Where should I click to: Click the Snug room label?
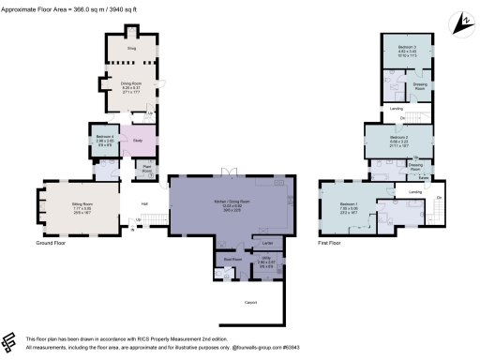(x=131, y=46)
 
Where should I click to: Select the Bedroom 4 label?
(x=101, y=139)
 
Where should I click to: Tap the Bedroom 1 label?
(x=349, y=204)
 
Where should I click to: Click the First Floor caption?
(x=328, y=243)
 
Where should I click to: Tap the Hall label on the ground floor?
(x=145, y=203)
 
